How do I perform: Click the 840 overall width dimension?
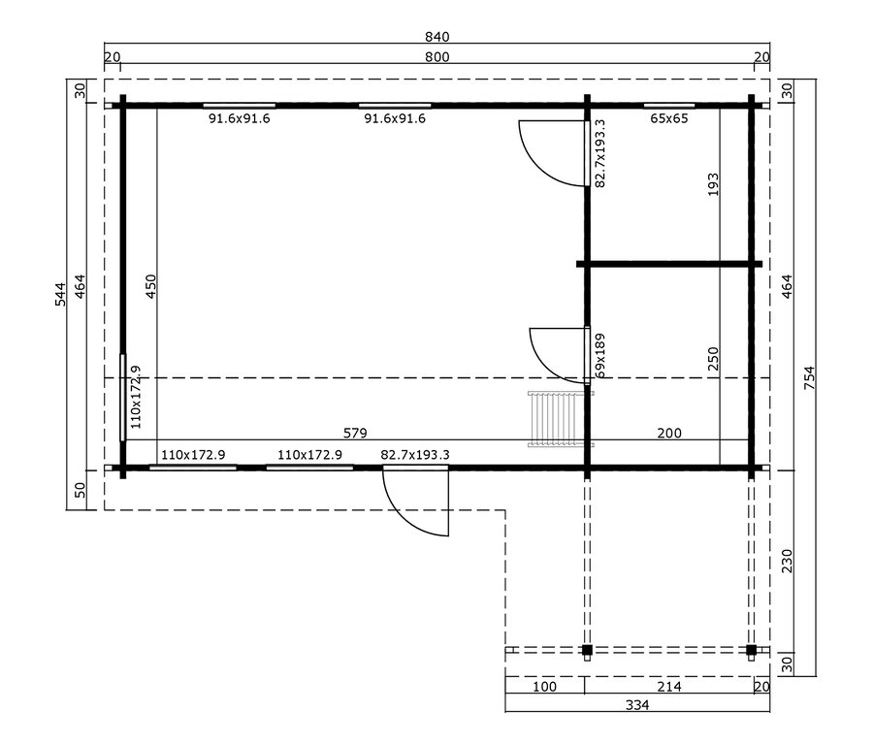point(437,37)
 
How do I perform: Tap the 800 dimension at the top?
point(437,57)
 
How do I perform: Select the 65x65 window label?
point(669,118)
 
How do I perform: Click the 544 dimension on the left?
point(60,294)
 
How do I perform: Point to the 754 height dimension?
point(810,377)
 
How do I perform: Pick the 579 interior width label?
point(355,433)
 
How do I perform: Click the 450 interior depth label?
point(151,286)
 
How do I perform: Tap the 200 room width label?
point(669,433)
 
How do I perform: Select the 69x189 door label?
point(599,356)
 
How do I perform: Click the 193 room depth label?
point(713,184)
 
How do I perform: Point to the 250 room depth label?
point(713,359)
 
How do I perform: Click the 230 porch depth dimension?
point(787,561)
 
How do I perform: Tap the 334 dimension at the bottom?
point(637,705)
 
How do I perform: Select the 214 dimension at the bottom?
point(669,686)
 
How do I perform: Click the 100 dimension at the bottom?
point(544,686)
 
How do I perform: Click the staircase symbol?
point(561,419)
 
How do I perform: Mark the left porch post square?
point(587,650)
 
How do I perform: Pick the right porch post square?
point(751,650)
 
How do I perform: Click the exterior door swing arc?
point(402,517)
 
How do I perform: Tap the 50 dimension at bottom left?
point(81,490)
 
